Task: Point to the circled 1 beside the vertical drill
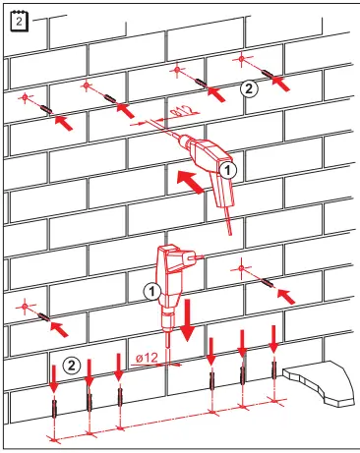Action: pyautogui.click(x=152, y=291)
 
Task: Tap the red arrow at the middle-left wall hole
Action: pyautogui.click(x=60, y=323)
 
